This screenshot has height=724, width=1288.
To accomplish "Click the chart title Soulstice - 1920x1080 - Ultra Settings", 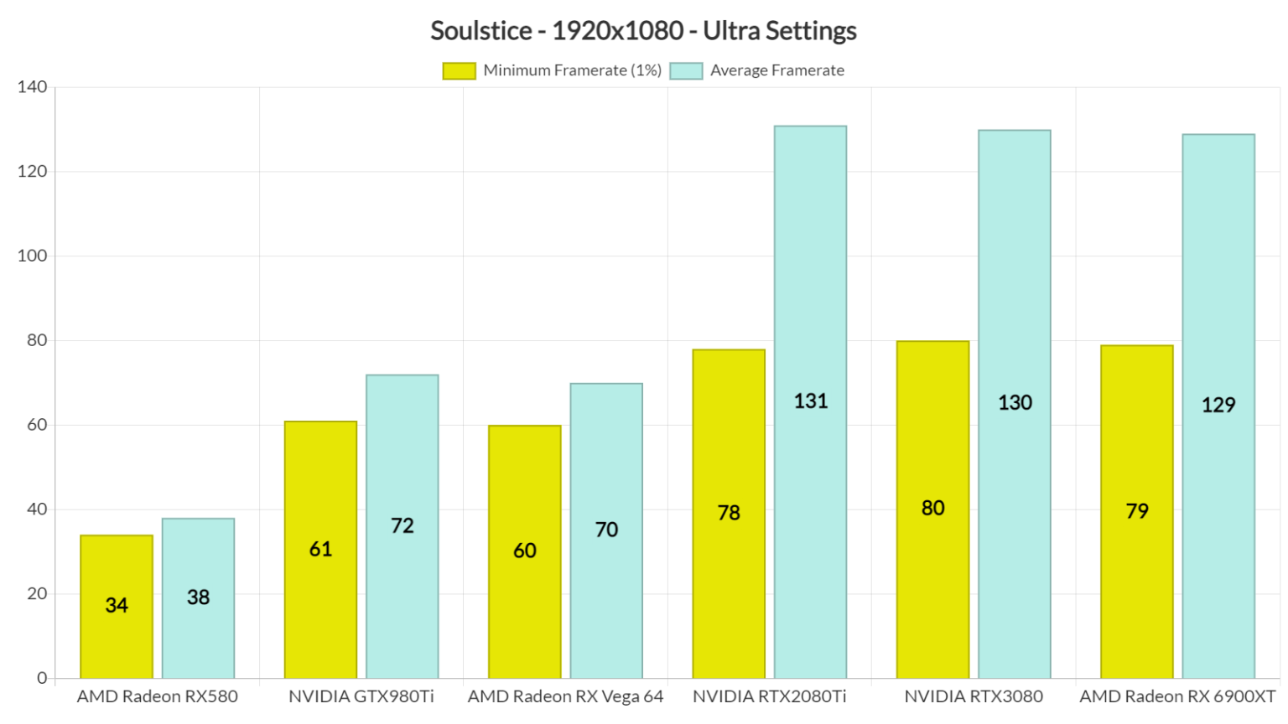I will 643,31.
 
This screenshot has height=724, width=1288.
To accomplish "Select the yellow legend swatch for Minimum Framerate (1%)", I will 459,71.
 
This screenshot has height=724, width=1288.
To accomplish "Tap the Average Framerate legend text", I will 776,71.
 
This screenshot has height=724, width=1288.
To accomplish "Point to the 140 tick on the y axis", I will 32,87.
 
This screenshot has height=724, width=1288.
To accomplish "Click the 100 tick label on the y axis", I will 32,256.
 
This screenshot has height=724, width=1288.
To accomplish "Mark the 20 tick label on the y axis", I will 37,593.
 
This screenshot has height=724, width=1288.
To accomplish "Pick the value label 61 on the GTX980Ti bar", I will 320,549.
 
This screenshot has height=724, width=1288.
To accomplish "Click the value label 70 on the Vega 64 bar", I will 606,530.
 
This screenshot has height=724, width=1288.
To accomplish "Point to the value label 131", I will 811,401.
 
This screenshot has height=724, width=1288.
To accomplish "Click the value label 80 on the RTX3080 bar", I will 932,508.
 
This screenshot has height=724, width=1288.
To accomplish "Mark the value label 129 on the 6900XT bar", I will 1218,405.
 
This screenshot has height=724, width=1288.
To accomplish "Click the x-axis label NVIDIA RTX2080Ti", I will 769,696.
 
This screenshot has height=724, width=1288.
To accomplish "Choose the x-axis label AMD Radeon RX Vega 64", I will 565,696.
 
